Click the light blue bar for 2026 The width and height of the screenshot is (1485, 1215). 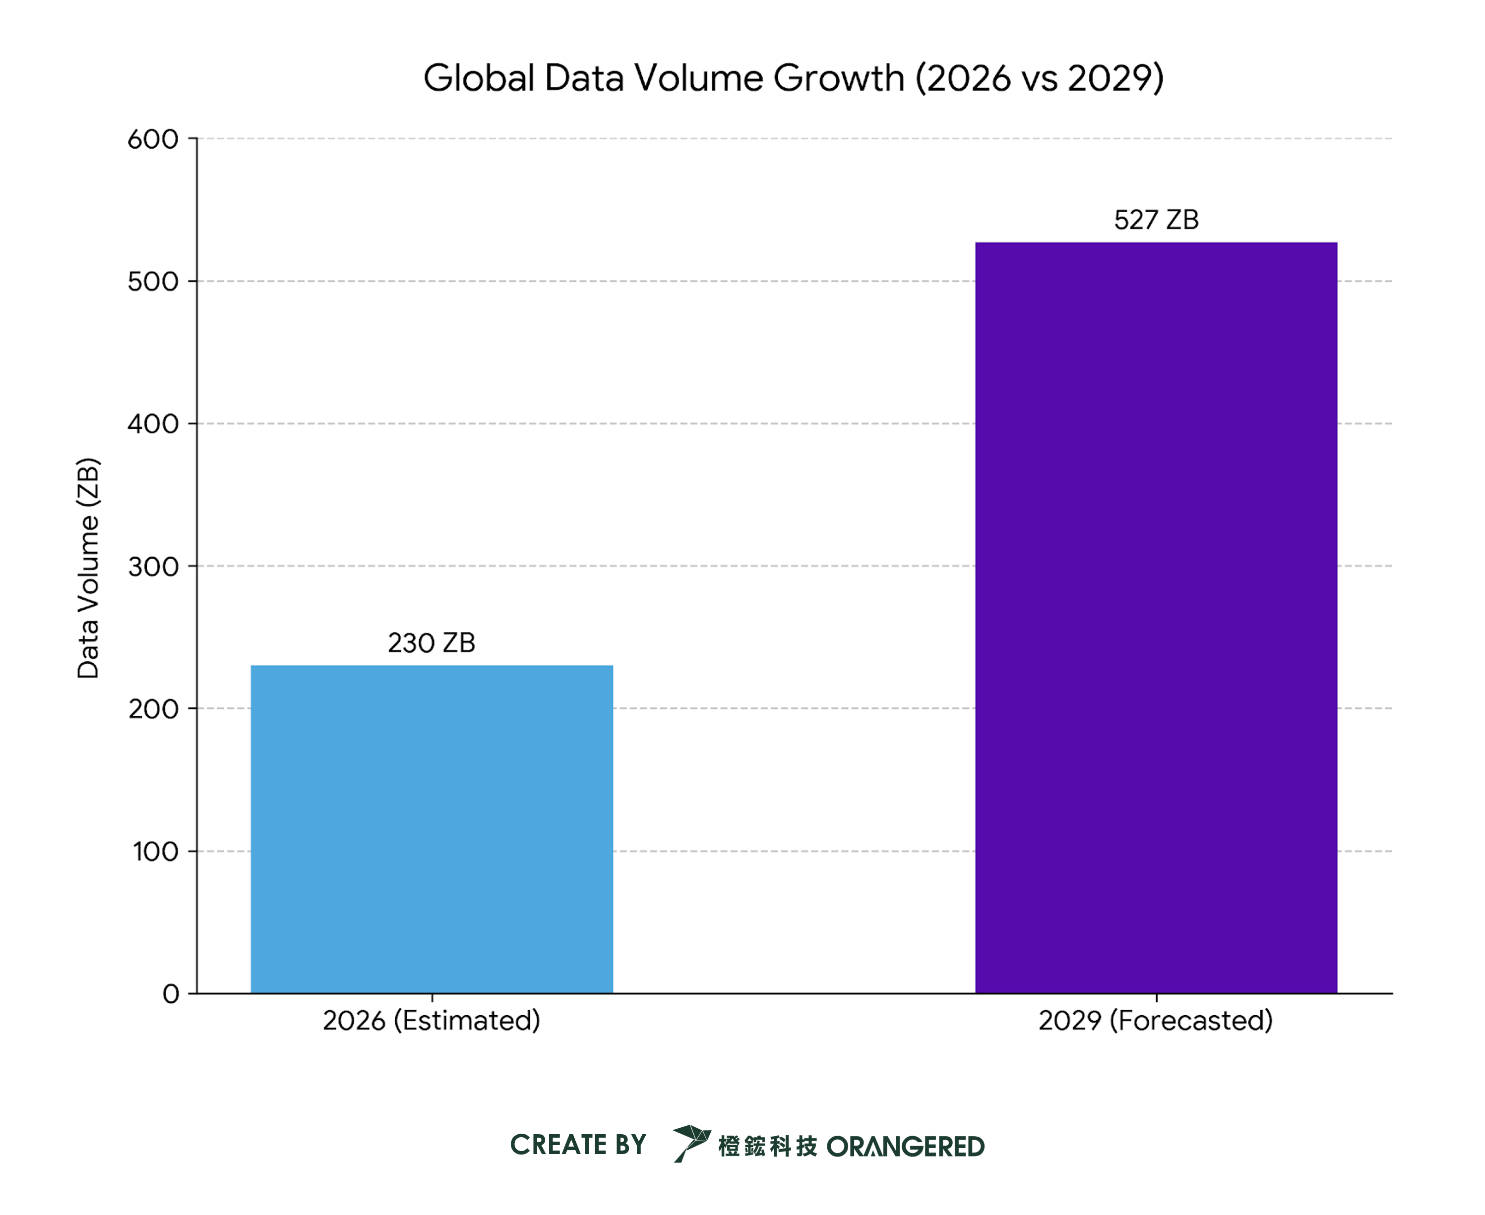tap(432, 829)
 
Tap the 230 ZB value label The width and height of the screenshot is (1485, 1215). tap(432, 642)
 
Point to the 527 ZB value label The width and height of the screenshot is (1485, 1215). tap(1156, 220)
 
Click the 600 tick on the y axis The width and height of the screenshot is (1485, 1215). tap(153, 139)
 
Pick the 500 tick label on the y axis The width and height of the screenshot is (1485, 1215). tap(153, 282)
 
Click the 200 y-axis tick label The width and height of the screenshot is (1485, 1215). tap(153, 708)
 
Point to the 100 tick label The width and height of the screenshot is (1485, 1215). tap(155, 851)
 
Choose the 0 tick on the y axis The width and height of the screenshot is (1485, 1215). tap(171, 994)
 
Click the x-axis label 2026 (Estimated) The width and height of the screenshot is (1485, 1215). tap(432, 1021)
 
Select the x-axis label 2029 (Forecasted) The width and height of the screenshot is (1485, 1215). tap(1156, 1021)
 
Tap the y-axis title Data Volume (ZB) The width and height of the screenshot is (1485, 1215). tap(88, 568)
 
